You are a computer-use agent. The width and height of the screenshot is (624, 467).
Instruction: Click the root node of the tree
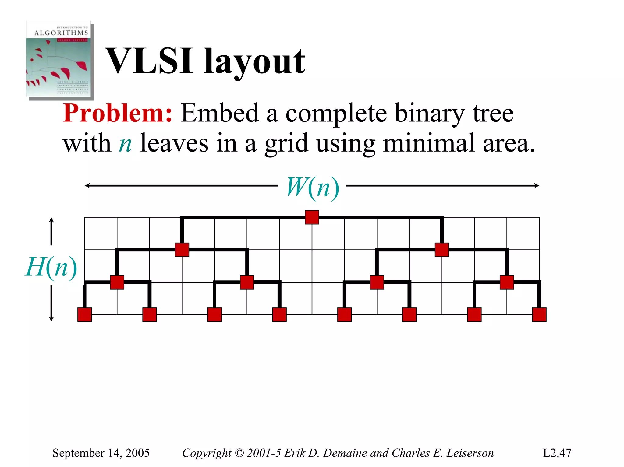point(312,217)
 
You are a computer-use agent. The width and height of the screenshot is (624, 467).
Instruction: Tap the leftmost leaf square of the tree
point(85,314)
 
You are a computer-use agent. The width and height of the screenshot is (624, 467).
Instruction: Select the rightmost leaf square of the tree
point(539,314)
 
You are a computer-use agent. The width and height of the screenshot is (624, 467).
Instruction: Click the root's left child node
point(182,250)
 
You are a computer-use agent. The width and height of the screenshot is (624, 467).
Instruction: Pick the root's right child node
point(442,250)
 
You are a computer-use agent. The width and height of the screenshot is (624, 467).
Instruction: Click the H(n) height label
point(51,267)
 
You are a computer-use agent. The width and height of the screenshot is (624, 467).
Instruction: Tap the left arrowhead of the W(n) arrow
point(87,186)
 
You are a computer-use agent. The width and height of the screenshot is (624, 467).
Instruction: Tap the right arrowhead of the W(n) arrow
point(537,186)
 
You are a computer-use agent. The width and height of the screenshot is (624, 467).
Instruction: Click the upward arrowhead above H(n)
point(51,220)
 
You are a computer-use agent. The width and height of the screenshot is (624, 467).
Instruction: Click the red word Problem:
point(118,113)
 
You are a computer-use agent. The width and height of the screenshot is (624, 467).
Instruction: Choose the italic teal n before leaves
point(125,144)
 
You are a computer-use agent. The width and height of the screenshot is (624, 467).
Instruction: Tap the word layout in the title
point(255,62)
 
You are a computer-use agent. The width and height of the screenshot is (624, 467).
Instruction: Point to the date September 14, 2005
point(101,453)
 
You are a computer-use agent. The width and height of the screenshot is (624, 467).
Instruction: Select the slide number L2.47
point(557,453)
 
